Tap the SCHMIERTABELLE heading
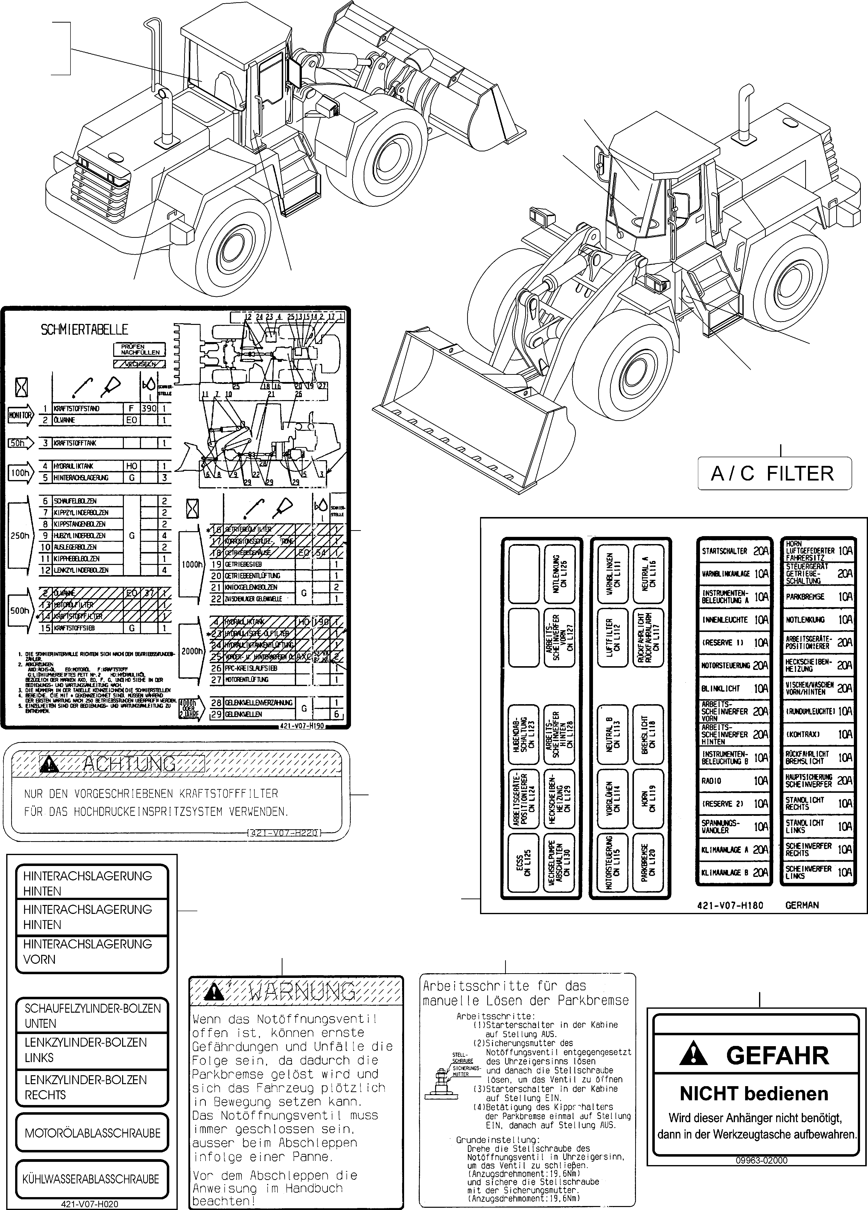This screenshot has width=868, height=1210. point(84,330)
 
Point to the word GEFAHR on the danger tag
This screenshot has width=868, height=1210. point(777,1055)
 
